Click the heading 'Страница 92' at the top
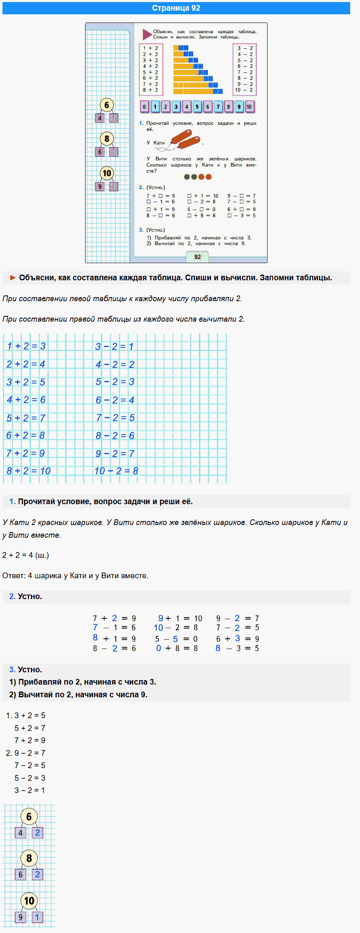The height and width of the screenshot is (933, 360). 176,8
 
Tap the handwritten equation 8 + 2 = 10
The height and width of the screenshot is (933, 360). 28,471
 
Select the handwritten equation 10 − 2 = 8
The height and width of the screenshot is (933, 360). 116,471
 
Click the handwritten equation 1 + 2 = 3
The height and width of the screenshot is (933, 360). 26,346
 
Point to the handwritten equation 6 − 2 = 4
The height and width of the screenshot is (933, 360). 115,400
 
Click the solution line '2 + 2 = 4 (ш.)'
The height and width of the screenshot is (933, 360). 25,555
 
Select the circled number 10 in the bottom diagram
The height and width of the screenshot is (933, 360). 29,901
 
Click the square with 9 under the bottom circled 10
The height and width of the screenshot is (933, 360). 20,917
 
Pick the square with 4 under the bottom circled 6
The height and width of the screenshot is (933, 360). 20,833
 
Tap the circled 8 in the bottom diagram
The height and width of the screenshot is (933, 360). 29,858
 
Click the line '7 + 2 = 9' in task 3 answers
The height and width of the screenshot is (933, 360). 30,740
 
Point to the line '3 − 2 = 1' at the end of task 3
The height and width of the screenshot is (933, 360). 30,790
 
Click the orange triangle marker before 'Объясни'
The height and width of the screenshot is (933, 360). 13,278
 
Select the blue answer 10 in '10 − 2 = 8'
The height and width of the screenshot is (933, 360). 158,628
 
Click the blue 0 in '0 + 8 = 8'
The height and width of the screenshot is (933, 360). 159,648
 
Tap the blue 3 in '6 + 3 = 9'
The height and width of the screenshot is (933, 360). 238,638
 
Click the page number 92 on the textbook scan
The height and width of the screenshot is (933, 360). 198,257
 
